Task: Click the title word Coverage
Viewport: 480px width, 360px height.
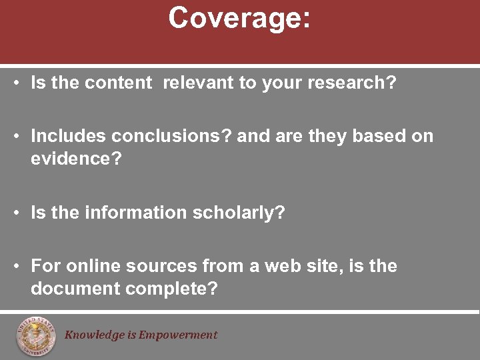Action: (x=239, y=18)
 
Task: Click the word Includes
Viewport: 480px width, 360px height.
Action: (x=69, y=137)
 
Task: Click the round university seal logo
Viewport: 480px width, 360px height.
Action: (x=37, y=335)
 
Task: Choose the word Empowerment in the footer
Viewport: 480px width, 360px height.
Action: (x=178, y=335)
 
